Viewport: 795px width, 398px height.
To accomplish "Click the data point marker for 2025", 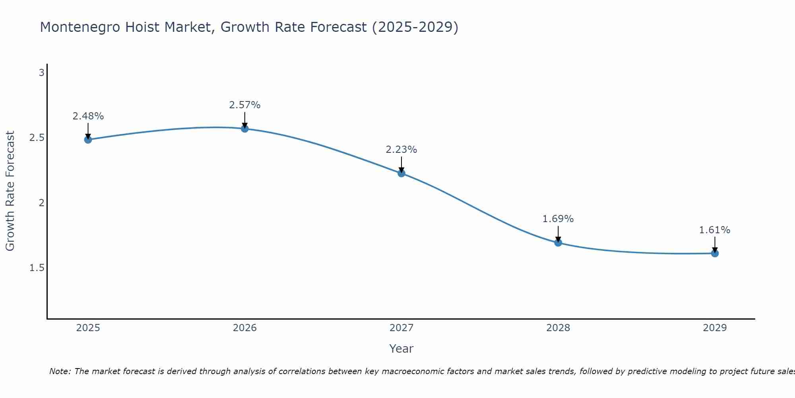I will coord(88,140).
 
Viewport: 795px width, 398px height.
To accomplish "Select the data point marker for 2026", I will coord(244,129).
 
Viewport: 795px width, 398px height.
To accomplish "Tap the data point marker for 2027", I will coord(401,173).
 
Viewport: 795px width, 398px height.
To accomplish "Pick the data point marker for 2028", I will coord(558,242).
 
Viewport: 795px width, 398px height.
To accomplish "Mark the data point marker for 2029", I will coord(715,253).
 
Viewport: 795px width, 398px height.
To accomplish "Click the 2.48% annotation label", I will coord(88,116).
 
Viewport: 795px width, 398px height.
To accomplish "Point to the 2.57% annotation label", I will coord(244,105).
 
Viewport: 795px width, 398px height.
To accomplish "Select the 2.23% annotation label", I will coord(401,150).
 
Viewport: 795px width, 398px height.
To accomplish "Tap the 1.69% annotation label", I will coord(558,219).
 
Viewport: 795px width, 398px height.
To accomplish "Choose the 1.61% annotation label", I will coord(715,230).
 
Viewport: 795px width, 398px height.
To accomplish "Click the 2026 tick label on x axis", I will coord(244,328).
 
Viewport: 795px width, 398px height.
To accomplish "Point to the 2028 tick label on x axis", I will coord(558,328).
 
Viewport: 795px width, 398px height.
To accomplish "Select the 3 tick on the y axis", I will coord(41,73).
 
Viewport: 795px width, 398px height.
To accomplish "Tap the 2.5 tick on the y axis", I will coord(37,138).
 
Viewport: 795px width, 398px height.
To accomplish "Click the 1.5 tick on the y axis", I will coord(37,268).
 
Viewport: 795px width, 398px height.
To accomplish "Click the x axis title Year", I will coord(401,349).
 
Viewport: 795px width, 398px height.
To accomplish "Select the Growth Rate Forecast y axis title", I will coord(10,191).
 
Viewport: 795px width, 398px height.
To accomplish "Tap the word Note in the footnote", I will coord(60,371).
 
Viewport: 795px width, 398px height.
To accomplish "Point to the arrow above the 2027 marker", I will coord(401,164).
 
